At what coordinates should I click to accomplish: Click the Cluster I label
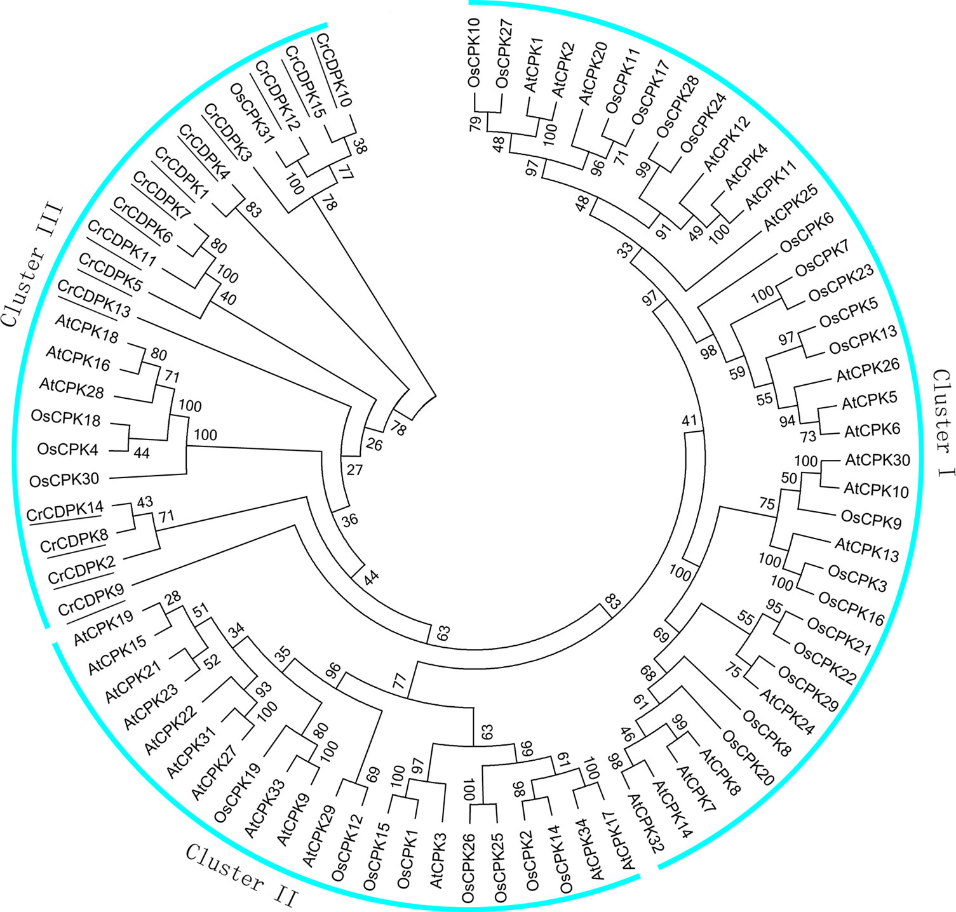pyautogui.click(x=942, y=421)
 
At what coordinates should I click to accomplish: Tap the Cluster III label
pyautogui.click(x=32, y=264)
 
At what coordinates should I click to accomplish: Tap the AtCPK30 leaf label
pyautogui.click(x=877, y=460)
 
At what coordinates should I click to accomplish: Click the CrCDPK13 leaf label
pyautogui.click(x=98, y=301)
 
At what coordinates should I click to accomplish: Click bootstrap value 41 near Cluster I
pyautogui.click(x=689, y=420)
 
